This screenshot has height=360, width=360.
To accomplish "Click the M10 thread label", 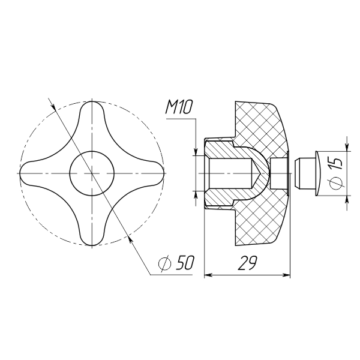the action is (x=179, y=107).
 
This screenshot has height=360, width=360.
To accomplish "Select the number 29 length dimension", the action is (x=247, y=263).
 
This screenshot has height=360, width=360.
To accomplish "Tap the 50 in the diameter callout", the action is (x=185, y=262).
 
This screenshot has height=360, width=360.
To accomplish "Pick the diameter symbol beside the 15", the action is (x=336, y=184).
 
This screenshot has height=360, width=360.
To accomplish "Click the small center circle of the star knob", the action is (x=92, y=173).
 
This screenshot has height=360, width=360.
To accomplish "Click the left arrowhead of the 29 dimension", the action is (x=208, y=275).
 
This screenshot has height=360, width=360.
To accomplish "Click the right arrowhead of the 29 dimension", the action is (x=287, y=275).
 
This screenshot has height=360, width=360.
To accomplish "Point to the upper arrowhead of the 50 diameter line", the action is (x=53, y=106).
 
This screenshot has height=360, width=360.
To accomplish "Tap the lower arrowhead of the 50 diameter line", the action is (x=130, y=240).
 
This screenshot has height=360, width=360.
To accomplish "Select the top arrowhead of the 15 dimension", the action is (x=347, y=148).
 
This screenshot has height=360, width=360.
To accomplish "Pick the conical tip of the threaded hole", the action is (x=256, y=173).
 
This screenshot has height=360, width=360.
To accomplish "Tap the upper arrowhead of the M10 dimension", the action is (x=196, y=152).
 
